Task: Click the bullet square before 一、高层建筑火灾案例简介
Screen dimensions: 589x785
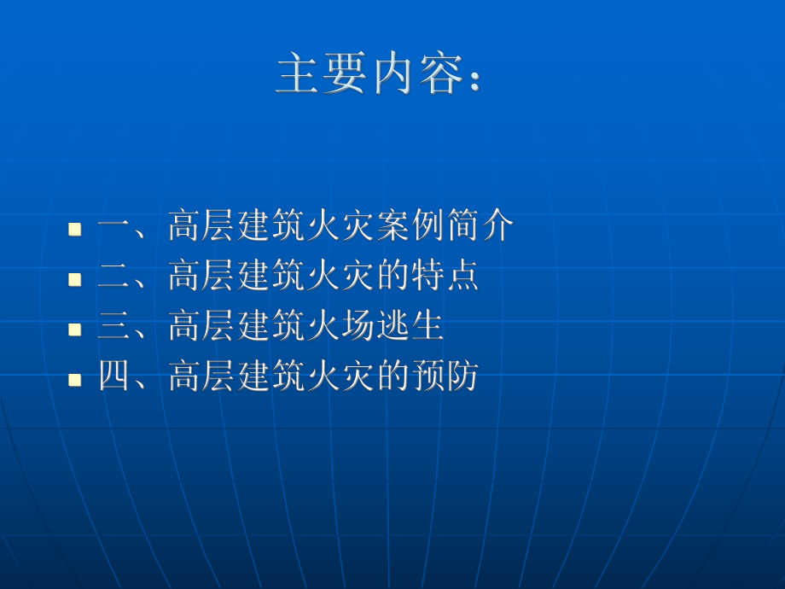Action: click(x=75, y=229)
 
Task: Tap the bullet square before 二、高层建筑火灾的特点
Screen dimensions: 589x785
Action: click(x=75, y=278)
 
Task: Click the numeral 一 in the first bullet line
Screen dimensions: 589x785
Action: click(x=113, y=228)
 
